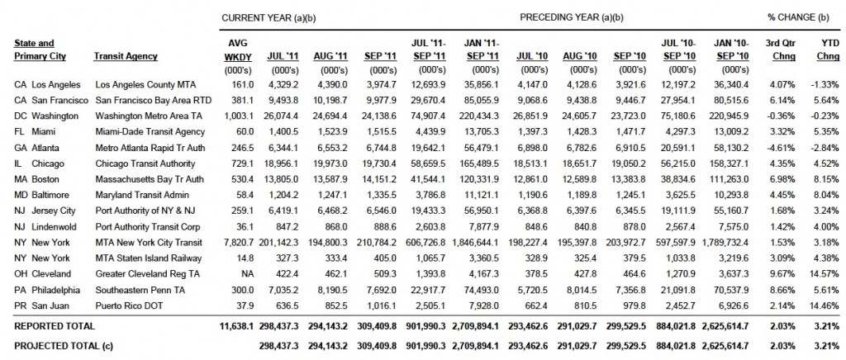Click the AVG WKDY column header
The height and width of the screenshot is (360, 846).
pos(235,50)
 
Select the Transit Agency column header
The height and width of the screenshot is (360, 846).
pos(126,56)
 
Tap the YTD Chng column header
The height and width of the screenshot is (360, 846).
pos(828,50)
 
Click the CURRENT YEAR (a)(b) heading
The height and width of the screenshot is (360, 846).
pos(269,17)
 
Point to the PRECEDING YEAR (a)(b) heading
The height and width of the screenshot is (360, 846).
pos(572,17)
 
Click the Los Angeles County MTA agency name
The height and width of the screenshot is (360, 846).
pos(145,84)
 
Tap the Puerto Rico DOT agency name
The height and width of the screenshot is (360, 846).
pos(129,306)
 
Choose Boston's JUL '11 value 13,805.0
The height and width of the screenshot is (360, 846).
pos(283,179)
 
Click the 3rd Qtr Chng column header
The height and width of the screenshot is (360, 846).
pos(782,50)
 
